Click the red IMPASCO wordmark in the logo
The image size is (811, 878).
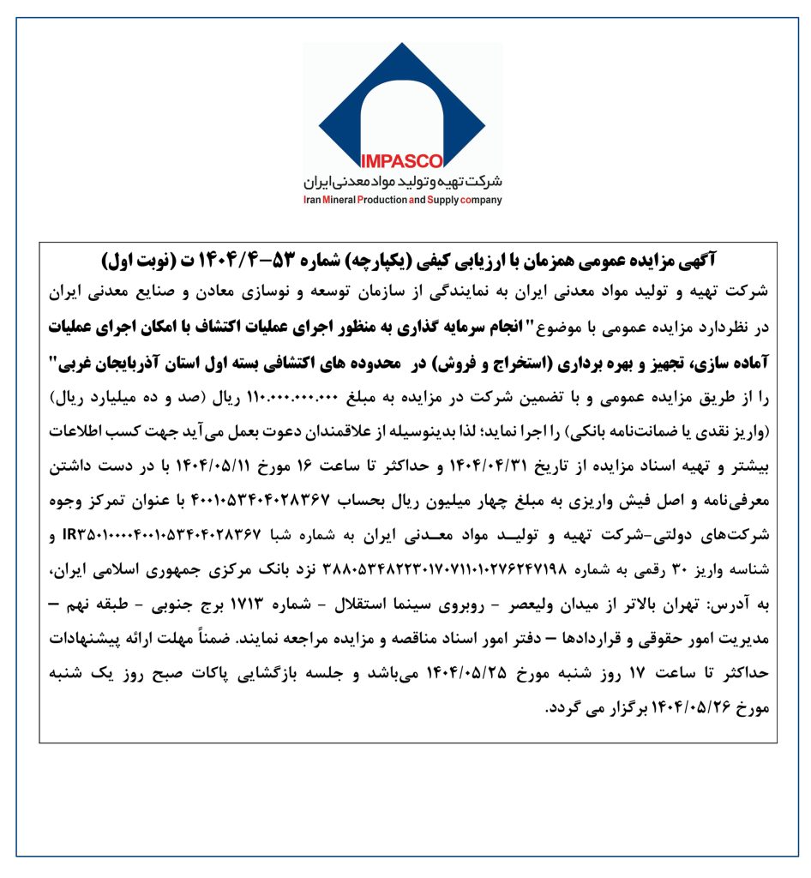pyautogui.click(x=402, y=160)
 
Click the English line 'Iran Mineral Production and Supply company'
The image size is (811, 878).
pyautogui.click(x=403, y=201)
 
